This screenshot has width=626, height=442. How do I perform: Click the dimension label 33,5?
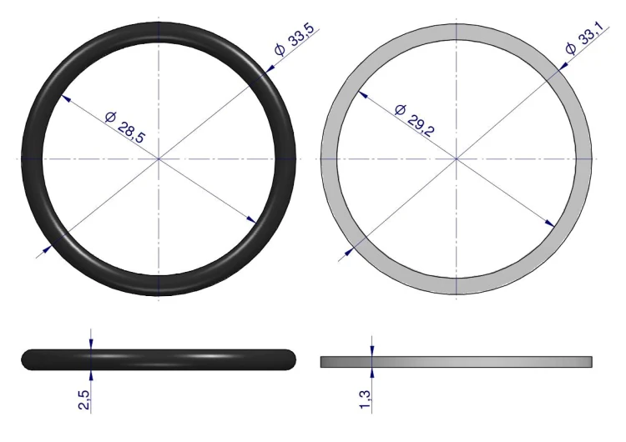click(301, 36)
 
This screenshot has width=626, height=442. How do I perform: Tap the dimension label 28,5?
click(131, 132)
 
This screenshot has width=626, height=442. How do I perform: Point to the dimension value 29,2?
click(421, 126)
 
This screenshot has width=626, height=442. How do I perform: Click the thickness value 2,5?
click(83, 399)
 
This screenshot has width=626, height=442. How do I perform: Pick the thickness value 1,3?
click(365, 399)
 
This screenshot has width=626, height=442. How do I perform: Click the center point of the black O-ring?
click(159, 158)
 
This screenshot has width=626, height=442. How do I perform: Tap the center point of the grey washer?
click(457, 158)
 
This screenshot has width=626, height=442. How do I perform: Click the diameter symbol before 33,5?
click(280, 50)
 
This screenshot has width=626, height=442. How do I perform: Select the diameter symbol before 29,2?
click(400, 109)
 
